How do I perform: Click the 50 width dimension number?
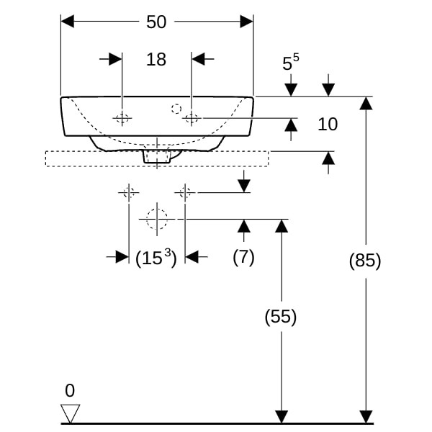(156, 22)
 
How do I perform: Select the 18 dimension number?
(156, 59)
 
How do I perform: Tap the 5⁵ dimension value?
(290, 63)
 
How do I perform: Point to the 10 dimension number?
(328, 125)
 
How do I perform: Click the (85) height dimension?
(364, 261)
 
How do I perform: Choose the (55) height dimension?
(281, 317)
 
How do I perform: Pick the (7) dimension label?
(243, 257)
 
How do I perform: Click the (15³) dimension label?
(156, 257)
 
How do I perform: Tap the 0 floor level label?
(70, 391)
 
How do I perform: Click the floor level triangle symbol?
(71, 413)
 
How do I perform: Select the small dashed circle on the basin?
(176, 109)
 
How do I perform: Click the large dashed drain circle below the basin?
(156, 219)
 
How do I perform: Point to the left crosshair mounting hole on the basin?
(123, 118)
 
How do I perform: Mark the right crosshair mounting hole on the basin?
(192, 118)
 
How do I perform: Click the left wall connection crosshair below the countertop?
(128, 192)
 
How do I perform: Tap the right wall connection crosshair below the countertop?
(185, 192)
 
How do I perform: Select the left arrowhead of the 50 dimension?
(68, 22)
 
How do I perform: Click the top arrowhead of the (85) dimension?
(366, 103)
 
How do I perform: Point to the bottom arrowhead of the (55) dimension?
(281, 416)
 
